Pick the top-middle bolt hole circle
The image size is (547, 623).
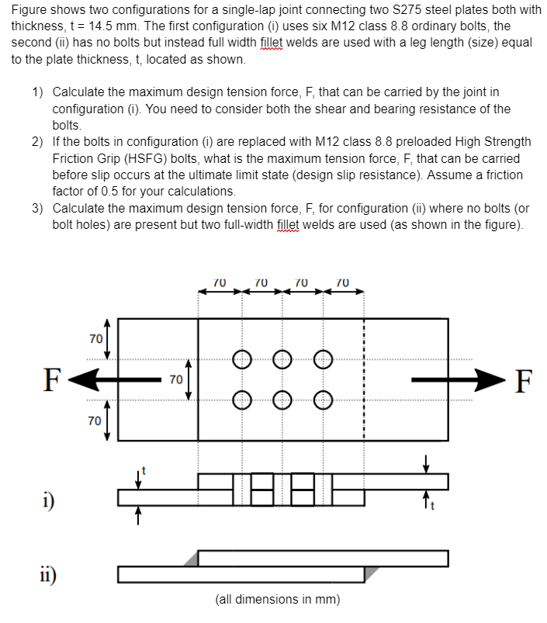[282, 358]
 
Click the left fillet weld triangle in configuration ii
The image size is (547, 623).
[190, 559]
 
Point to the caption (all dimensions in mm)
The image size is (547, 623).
[277, 600]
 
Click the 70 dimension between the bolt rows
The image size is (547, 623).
[175, 380]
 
